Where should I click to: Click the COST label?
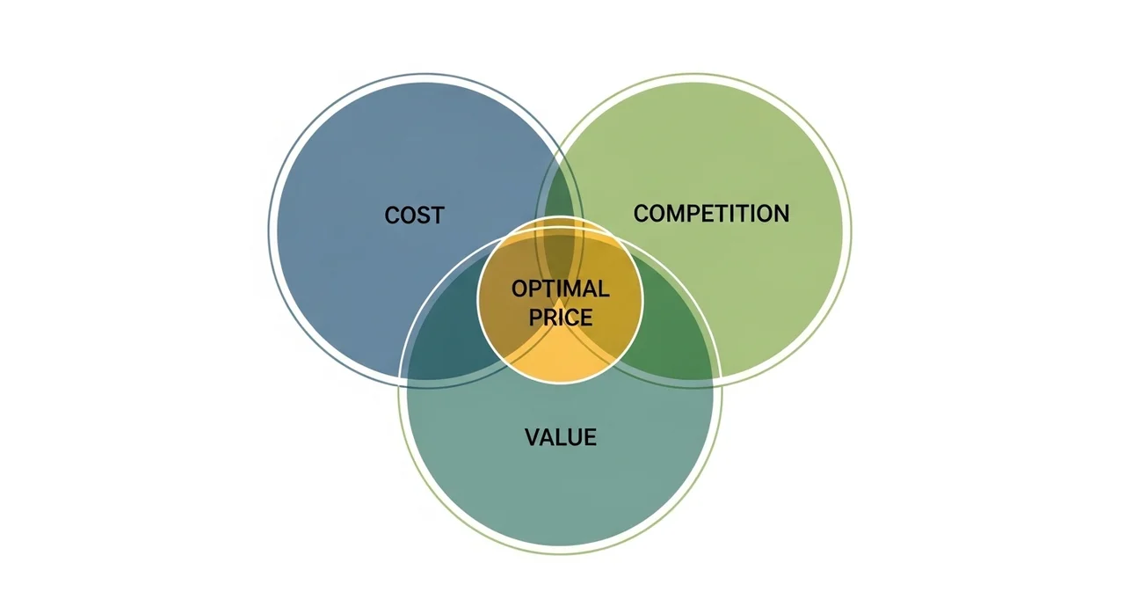tap(414, 216)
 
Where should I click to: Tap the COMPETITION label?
tap(711, 214)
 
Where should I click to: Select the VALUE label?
tap(561, 437)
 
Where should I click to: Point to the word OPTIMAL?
tap(560, 289)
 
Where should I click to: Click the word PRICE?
tap(560, 317)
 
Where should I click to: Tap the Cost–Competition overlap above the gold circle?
tap(560, 198)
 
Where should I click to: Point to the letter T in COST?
tap(438, 216)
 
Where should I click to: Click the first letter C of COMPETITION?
tap(642, 214)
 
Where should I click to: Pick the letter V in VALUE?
tap(532, 437)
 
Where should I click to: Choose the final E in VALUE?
tap(591, 437)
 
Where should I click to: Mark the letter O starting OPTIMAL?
tap(519, 289)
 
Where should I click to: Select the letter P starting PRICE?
tap(535, 317)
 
